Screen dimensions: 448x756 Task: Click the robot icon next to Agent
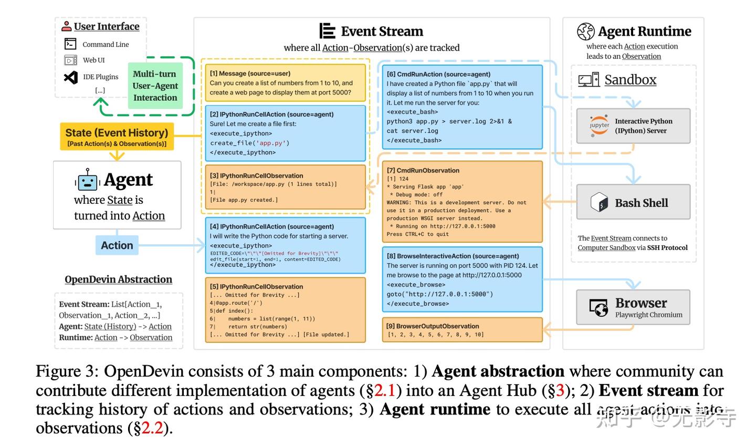pos(87,180)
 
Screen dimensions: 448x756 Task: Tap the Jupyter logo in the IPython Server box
pos(599,126)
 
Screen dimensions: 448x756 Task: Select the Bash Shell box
pos(633,202)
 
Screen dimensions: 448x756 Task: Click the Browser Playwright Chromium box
pos(633,308)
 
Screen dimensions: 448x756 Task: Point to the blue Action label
pos(117,245)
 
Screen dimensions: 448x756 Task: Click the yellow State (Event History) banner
pos(117,137)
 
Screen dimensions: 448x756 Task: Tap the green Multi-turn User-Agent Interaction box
pos(155,86)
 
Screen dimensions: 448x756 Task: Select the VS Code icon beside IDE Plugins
pos(70,77)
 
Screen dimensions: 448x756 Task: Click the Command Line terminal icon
pos(70,44)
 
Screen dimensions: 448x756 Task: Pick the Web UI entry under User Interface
pos(93,60)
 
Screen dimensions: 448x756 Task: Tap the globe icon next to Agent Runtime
pos(585,32)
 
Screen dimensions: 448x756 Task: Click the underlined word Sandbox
pos(630,80)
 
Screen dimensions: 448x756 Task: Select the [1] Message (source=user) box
pos(286,83)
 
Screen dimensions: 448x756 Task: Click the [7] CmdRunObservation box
pos(461,202)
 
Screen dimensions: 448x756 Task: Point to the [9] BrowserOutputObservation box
pos(461,330)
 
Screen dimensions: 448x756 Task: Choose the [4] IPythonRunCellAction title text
pos(271,226)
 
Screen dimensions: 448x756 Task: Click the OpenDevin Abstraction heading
pos(118,279)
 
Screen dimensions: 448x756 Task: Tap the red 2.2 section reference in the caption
pos(152,429)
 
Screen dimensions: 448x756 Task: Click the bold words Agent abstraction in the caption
pos(497,372)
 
